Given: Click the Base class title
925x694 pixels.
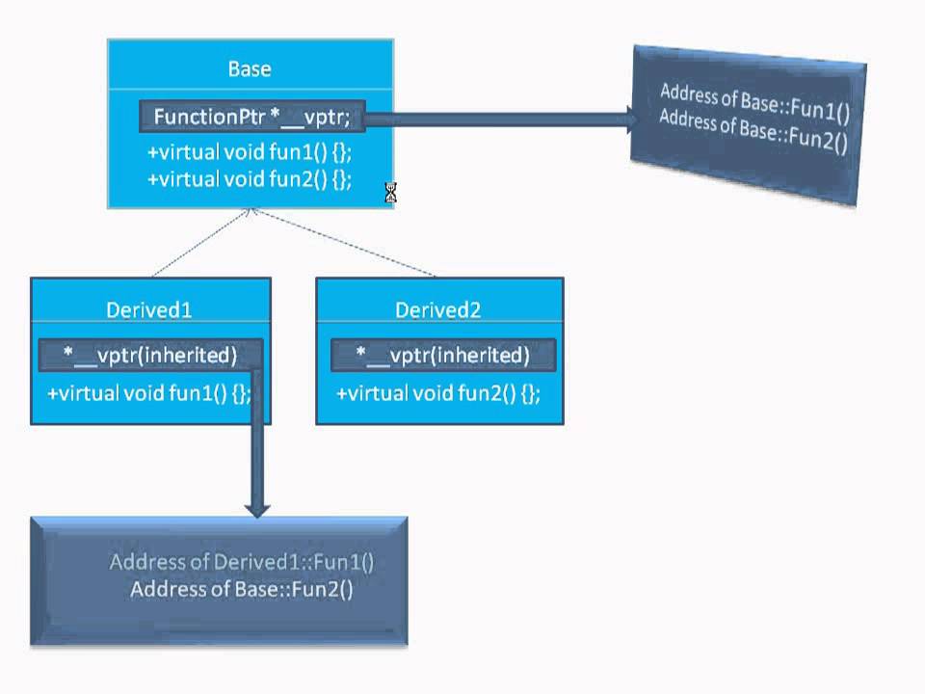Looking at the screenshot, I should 250,69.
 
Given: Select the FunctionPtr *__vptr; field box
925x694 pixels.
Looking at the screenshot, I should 251,118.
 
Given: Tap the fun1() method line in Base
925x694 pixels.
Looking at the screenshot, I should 250,152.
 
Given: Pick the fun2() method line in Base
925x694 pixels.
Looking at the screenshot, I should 250,179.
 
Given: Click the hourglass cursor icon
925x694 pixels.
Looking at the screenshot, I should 390,193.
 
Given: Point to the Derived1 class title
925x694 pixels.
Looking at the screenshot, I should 148,309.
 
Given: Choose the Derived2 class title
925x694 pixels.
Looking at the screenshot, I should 437,309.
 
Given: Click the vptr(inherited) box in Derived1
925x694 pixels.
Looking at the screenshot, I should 149,356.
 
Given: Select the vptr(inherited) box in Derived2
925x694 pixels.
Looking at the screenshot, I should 443,356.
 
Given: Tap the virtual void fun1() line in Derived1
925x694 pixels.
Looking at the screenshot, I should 148,393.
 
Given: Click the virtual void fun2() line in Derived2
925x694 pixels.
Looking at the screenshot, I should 438,393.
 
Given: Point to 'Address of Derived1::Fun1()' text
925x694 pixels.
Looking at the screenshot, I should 241,563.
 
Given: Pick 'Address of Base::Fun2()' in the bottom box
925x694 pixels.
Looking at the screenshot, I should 242,590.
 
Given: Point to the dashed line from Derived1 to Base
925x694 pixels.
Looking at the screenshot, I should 200,243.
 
